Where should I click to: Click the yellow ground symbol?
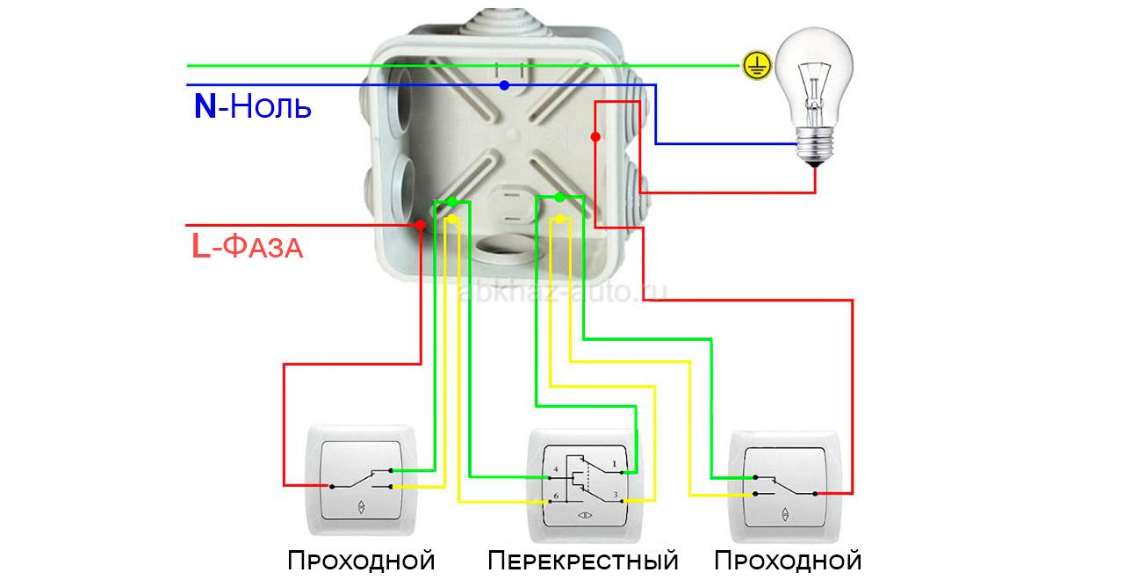(757, 65)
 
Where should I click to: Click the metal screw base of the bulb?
(815, 145)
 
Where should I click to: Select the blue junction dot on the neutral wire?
(504, 85)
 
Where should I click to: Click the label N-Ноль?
(252, 106)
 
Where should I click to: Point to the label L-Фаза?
(248, 246)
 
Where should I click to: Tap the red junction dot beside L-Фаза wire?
(420, 225)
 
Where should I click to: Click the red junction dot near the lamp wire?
(595, 136)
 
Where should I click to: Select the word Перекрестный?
(582, 561)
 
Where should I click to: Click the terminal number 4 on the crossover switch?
(556, 469)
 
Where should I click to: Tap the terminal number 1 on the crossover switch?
(614, 465)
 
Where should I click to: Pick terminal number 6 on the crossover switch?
(556, 497)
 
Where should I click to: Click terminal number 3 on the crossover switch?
(616, 495)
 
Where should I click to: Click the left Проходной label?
(361, 561)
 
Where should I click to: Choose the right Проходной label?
(788, 561)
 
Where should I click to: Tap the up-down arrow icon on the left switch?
(361, 507)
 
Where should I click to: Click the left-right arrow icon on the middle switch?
(585, 515)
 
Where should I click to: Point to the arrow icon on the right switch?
(785, 514)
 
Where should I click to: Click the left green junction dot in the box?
(451, 202)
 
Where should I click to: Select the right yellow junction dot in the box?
(560, 220)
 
